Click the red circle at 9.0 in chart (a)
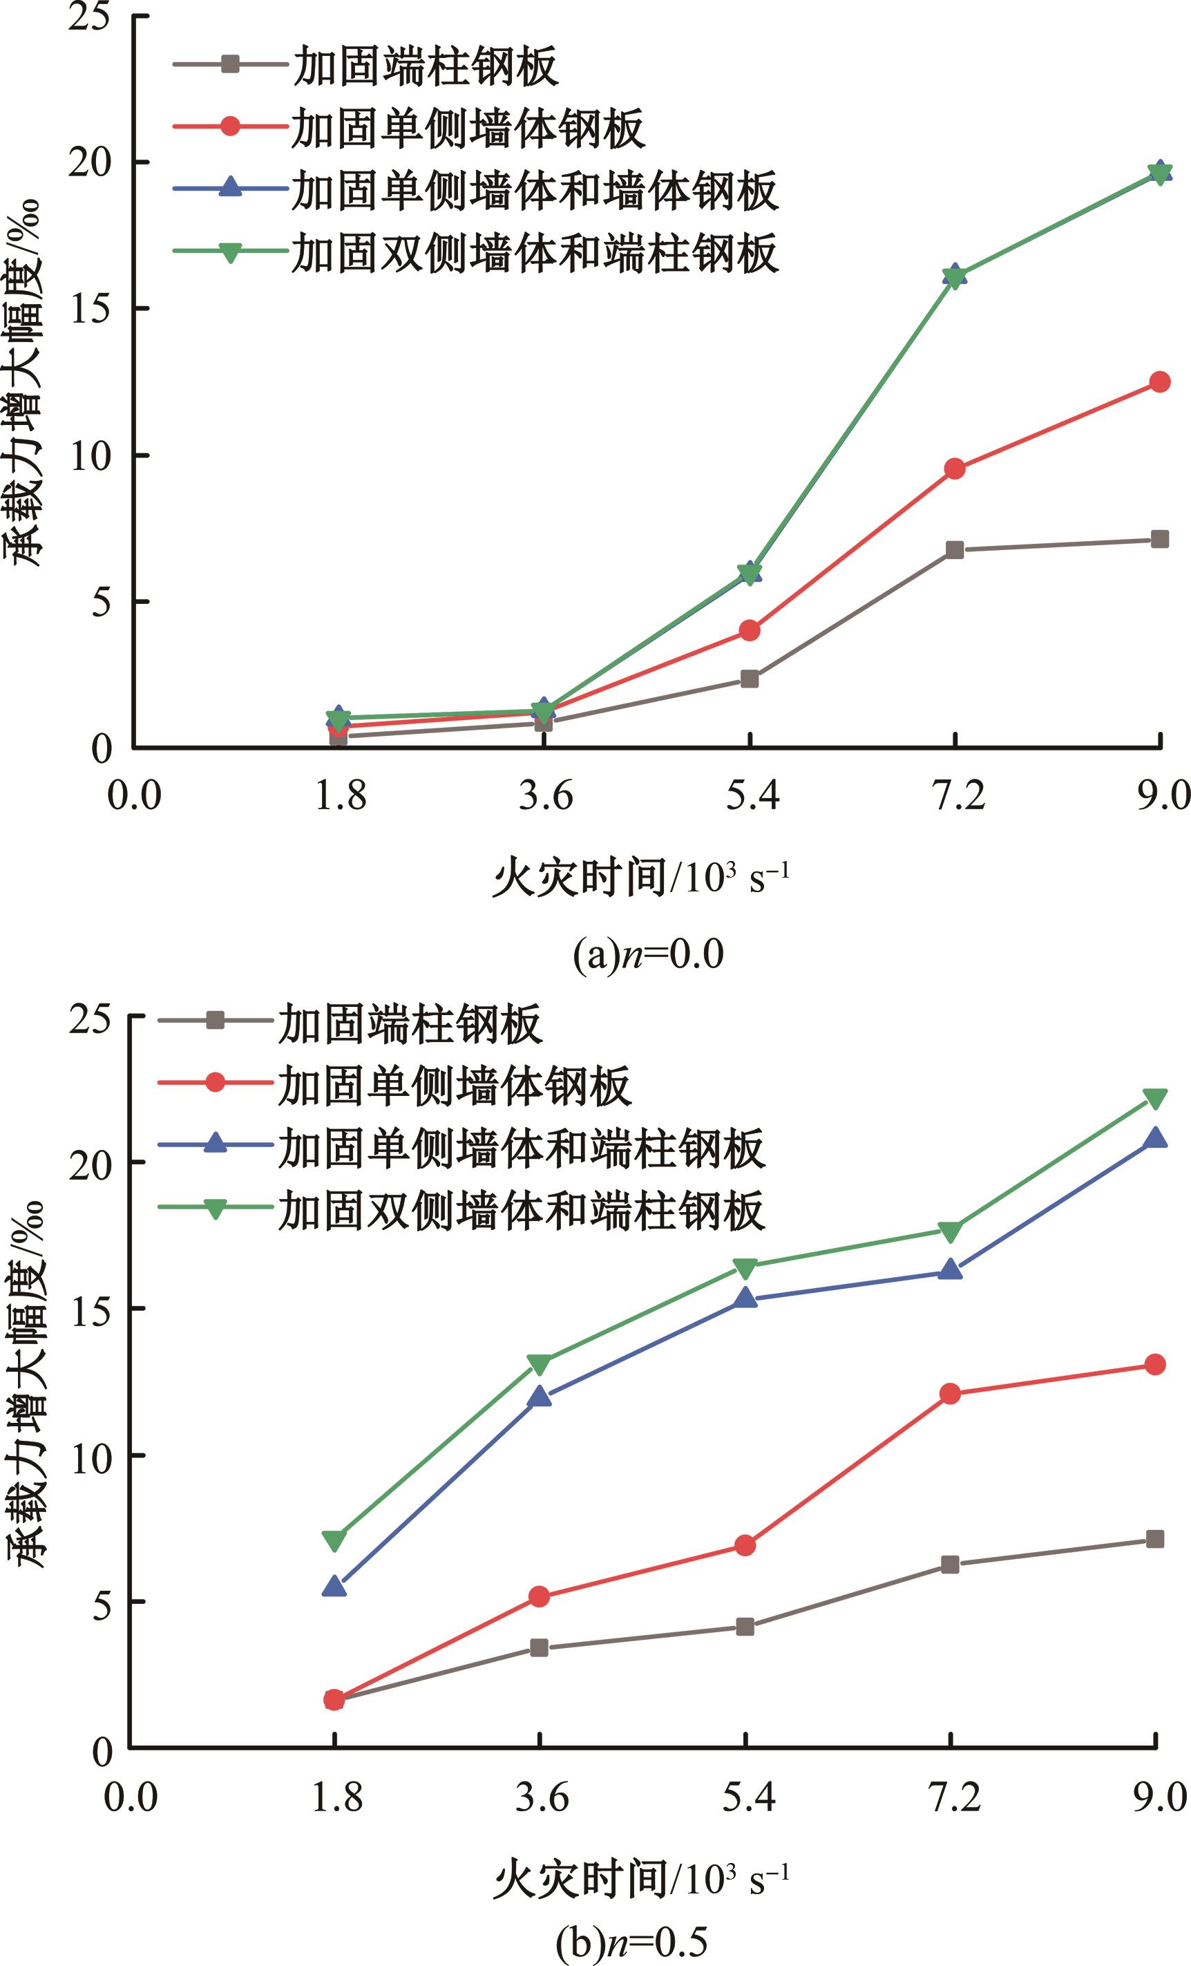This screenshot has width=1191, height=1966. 1159,382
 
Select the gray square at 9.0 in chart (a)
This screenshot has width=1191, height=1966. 1160,540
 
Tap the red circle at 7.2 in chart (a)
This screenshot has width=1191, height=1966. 954,469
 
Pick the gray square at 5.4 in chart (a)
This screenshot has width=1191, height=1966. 749,679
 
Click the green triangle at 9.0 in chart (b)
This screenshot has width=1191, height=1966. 1155,1099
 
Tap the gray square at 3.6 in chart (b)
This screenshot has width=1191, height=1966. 540,1647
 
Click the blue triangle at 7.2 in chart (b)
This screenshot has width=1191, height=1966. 949,1269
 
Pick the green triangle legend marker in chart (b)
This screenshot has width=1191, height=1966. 216,1209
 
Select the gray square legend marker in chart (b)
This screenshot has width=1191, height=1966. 216,1021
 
